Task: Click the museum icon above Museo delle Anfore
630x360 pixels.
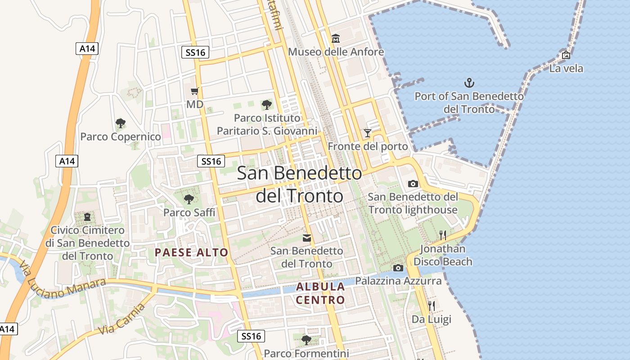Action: coord(336,39)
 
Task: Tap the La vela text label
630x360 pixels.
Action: coord(566,68)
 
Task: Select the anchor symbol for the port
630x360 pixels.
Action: coord(469,83)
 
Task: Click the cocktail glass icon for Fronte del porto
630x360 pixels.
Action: coord(368,133)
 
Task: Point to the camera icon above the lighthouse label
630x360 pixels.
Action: coord(413,184)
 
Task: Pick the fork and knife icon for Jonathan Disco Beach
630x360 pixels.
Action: coord(442,235)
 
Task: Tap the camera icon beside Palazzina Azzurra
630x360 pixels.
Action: coord(398,268)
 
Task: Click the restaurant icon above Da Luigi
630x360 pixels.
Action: coord(432,306)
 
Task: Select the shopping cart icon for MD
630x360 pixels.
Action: coord(195,91)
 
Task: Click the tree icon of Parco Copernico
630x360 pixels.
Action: coord(120,123)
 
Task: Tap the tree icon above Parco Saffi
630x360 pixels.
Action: coord(189,198)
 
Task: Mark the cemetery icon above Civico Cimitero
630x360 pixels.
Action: coord(87,217)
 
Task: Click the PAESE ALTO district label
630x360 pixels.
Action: coord(192,252)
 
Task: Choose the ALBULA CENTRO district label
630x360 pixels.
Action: coord(320,293)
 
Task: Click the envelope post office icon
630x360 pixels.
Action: coord(307,238)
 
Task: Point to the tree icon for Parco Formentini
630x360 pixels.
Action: coord(306,340)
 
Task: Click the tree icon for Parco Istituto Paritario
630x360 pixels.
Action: coord(266,105)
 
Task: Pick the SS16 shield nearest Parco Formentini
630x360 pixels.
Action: coord(251,336)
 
